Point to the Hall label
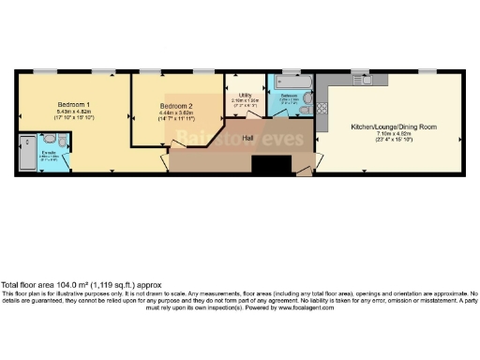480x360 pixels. point(247,138)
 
